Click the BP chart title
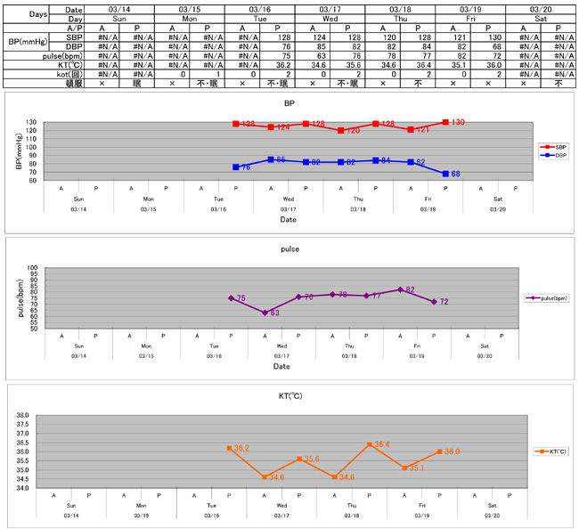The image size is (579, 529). (289, 103)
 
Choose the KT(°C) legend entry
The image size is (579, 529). (551, 452)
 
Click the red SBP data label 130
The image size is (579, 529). (458, 122)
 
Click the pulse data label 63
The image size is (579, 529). (275, 313)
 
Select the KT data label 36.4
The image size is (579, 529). (381, 444)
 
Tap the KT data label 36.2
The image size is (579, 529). (241, 448)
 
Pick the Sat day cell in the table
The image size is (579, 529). (540, 18)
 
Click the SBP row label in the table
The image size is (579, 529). (76, 37)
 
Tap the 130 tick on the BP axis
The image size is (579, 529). (32, 123)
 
